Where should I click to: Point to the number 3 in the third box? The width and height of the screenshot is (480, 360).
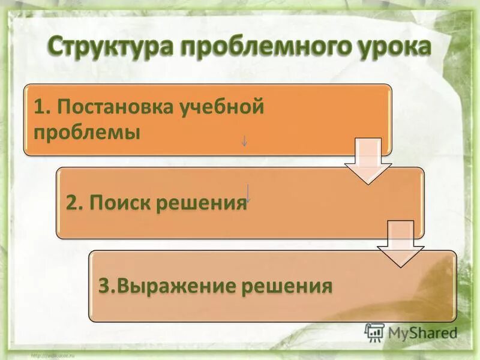coord(104,286)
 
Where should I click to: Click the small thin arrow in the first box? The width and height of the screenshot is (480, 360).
coord(244,141)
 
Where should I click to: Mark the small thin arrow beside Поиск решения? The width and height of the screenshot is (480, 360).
coord(248,193)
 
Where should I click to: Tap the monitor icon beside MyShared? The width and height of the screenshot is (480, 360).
coord(374,332)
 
